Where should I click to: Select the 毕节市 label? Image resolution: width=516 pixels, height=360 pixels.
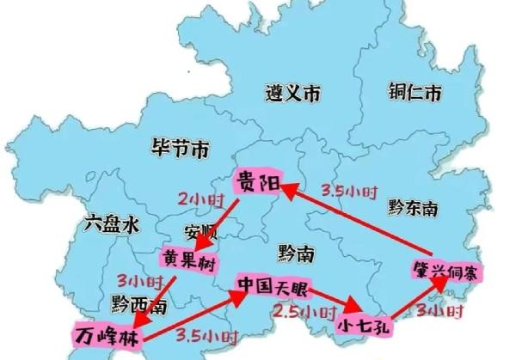pyautogui.click(x=179, y=150)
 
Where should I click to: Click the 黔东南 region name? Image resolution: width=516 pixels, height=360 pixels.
pyautogui.click(x=412, y=208)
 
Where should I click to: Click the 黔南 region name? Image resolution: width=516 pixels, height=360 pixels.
pyautogui.click(x=296, y=251)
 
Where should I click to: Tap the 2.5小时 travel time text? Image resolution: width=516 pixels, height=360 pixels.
pyautogui.click(x=305, y=310)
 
